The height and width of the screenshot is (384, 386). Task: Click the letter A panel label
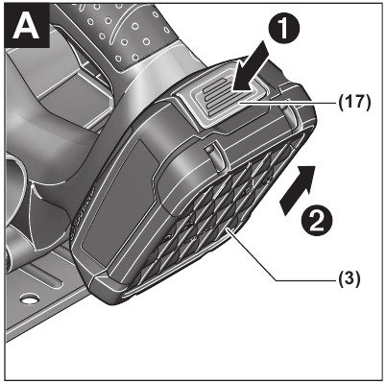coord(26,25)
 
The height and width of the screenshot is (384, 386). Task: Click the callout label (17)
coord(354,103)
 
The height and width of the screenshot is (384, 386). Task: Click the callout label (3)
coord(350,277)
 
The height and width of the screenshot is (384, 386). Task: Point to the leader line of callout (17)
coord(286,103)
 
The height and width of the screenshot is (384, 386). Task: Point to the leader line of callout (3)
coord(273,261)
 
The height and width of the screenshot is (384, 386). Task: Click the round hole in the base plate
coord(27,299)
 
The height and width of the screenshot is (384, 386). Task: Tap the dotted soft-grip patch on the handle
coord(128,32)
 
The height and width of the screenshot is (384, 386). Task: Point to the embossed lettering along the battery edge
coord(84,211)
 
